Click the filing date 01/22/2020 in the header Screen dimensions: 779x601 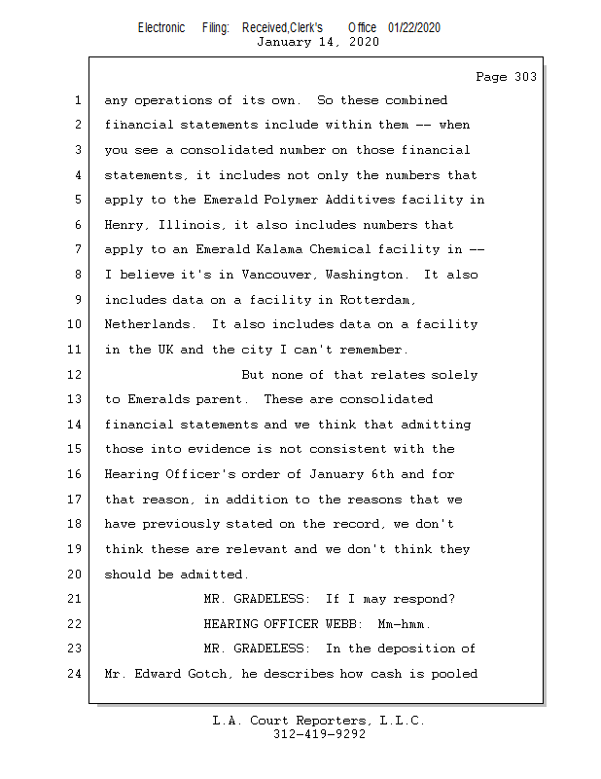pos(413,28)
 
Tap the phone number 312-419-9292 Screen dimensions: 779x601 pos(319,735)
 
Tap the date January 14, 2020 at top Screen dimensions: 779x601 pos(318,42)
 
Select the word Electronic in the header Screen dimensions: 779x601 pos(161,28)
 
